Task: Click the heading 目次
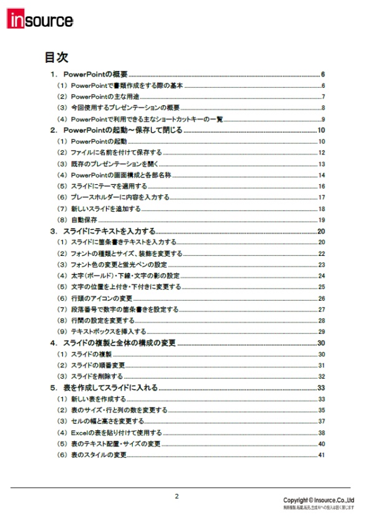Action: (56, 58)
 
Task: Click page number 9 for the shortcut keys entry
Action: (323, 119)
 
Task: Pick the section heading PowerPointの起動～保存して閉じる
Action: (123, 130)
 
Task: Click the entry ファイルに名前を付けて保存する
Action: (117, 153)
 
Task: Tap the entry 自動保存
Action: (84, 220)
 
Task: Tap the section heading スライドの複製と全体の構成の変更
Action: (119, 343)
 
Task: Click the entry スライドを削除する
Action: (97, 377)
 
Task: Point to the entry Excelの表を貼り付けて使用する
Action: (116, 433)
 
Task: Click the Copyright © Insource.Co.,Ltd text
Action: (318, 500)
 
